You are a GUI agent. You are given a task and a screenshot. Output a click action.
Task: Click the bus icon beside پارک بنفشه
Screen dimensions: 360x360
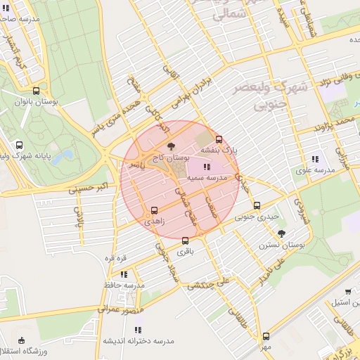click(219, 139)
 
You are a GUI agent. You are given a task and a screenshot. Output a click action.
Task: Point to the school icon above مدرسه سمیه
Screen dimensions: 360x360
click(206, 167)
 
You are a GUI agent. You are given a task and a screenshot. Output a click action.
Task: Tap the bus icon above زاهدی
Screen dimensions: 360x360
click(155, 210)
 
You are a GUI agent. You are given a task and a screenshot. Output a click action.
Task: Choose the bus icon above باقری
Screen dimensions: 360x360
click(185, 239)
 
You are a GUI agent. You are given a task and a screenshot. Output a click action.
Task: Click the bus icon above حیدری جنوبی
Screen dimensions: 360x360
click(257, 206)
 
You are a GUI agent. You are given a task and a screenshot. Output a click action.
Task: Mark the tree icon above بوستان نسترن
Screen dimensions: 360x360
click(282, 233)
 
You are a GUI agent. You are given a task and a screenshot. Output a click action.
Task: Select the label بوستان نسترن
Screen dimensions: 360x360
click(281, 245)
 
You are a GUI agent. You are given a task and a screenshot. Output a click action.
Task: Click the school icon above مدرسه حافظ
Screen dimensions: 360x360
click(124, 274)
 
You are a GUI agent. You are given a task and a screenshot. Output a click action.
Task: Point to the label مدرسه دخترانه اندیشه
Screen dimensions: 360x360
click(139, 340)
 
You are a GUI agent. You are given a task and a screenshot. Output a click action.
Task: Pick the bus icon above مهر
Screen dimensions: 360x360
click(265, 336)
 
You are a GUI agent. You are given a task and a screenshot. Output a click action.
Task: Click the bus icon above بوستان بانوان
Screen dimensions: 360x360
click(36, 90)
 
